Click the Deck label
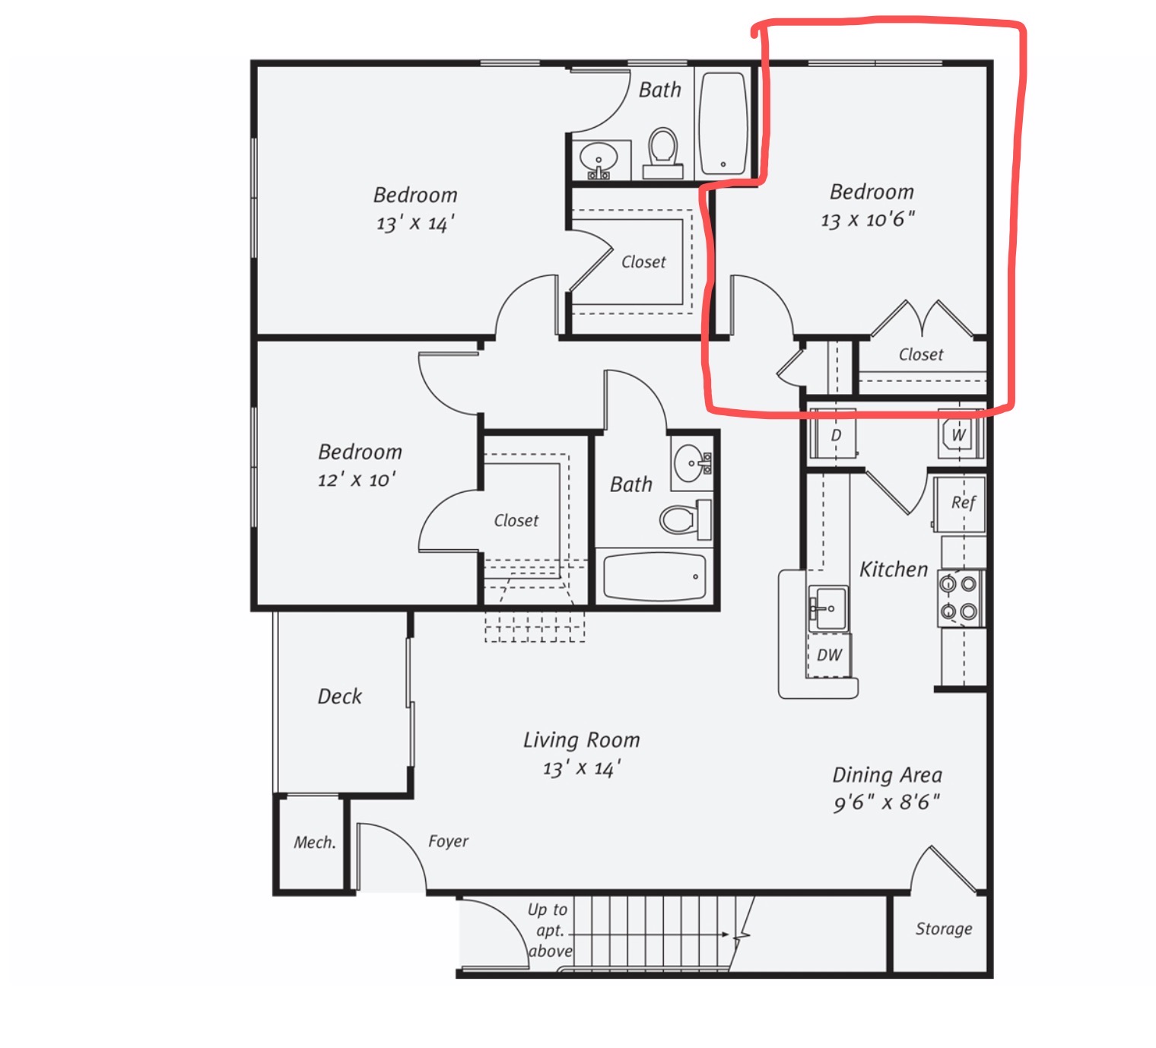(x=339, y=697)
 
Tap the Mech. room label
(x=315, y=842)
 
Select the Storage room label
(x=944, y=929)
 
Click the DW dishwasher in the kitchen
(x=829, y=654)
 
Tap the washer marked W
(x=960, y=433)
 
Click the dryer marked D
(x=834, y=433)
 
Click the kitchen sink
(x=828, y=608)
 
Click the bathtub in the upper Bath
(x=723, y=122)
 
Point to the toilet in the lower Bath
(x=685, y=519)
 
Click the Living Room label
(x=582, y=739)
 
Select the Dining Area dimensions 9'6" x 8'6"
(x=886, y=802)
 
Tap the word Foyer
(x=448, y=841)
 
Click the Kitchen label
(x=893, y=569)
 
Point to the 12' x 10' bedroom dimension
(x=357, y=479)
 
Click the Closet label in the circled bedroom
(x=921, y=354)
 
